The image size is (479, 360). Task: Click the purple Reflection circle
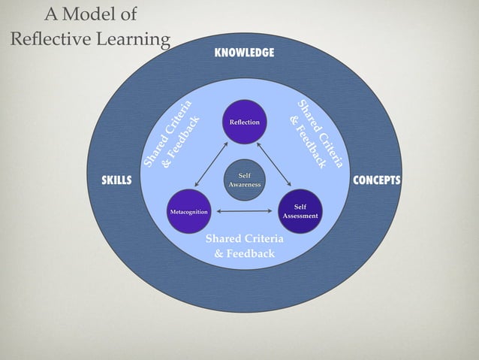pyautogui.click(x=245, y=122)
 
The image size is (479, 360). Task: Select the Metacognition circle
pyautogui.click(x=188, y=213)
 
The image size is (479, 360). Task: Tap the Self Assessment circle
pyautogui.click(x=300, y=211)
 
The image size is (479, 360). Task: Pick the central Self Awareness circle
pyautogui.click(x=245, y=180)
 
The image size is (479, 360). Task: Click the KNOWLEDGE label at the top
pyautogui.click(x=244, y=53)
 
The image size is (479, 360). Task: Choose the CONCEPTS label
pyautogui.click(x=377, y=181)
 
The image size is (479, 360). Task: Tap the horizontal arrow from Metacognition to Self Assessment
pyautogui.click(x=245, y=213)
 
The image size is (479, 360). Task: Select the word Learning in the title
pyautogui.click(x=134, y=38)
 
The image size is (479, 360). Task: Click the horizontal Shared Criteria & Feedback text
pyautogui.click(x=245, y=246)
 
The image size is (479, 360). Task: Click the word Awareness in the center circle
pyautogui.click(x=245, y=185)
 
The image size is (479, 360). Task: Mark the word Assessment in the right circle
pyautogui.click(x=300, y=216)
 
